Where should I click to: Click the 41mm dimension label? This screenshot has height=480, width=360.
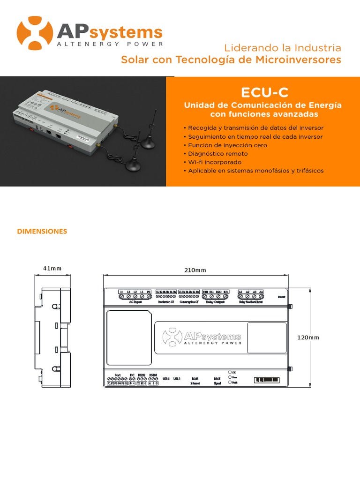tap(52, 269)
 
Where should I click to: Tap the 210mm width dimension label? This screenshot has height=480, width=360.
tap(195, 270)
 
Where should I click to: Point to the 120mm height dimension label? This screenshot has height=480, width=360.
tap(308, 337)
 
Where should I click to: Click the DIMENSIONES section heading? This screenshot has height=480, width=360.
tap(42, 232)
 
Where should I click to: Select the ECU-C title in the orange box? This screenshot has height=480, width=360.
tap(262, 91)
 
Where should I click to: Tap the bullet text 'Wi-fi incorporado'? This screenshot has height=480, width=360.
tap(215, 162)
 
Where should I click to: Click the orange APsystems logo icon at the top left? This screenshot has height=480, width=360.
tap(34, 33)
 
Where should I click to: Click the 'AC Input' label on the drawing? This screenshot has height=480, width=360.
tap(135, 302)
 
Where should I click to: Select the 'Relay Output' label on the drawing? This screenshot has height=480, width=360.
tap(216, 302)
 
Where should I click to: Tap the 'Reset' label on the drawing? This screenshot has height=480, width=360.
tap(282, 297)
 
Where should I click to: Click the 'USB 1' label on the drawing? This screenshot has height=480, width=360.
tap(166, 378)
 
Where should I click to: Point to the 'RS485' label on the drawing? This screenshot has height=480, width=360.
tap(153, 375)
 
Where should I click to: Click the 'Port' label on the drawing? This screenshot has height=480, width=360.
tap(117, 375)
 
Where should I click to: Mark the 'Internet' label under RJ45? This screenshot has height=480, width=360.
tap(195, 383)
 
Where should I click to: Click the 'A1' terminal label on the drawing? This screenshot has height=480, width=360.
tap(240, 292)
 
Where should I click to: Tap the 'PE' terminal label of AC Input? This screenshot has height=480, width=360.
tap(149, 292)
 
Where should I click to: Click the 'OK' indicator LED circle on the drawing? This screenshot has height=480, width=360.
tap(230, 372)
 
